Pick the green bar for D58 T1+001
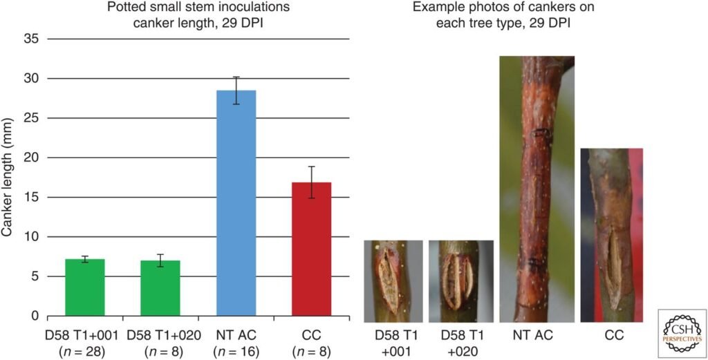[84, 287]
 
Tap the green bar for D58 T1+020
[160, 288]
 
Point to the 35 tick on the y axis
[31, 39]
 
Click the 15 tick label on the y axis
[31, 198]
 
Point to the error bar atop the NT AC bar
[236, 91]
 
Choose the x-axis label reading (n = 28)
[85, 352]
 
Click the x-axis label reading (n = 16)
[236, 352]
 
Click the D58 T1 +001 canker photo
[393, 281]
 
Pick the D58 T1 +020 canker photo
[460, 281]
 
